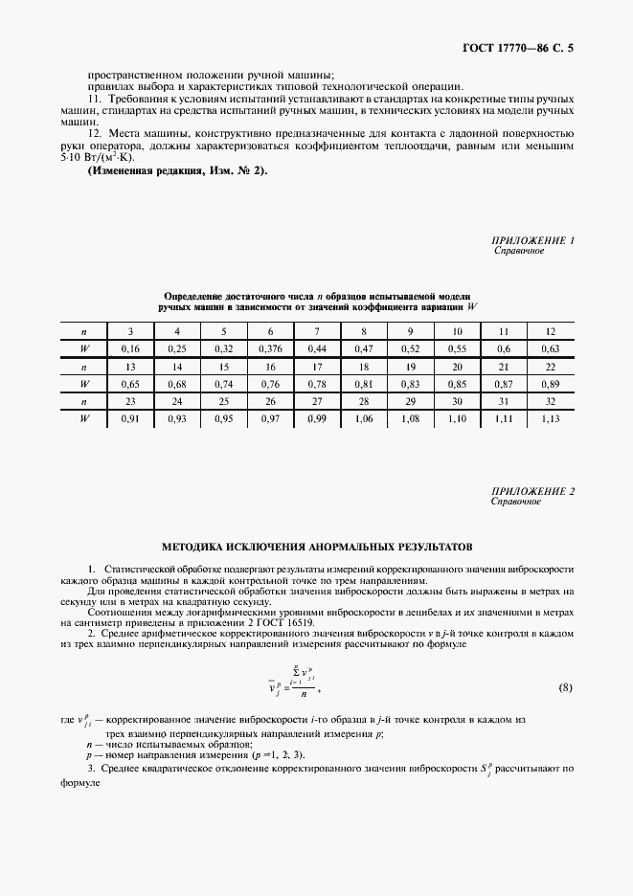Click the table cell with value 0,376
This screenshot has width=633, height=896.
[x=265, y=349]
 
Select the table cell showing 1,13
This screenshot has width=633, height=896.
[x=549, y=418]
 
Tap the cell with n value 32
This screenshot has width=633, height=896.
[x=549, y=401]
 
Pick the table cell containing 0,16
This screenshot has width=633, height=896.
[x=131, y=349]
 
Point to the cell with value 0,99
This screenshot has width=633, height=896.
[x=317, y=418]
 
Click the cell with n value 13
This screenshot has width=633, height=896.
[x=131, y=367]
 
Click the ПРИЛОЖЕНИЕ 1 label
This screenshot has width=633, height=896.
[x=531, y=241]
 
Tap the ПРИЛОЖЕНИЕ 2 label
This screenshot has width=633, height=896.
[x=531, y=491]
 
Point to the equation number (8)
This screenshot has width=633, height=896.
[x=565, y=687]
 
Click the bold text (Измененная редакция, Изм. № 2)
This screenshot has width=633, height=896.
[x=178, y=170]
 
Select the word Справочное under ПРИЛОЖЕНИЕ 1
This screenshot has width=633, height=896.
[x=518, y=252]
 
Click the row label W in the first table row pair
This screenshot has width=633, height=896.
[x=85, y=349]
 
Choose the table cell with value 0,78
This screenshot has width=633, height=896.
[x=317, y=384]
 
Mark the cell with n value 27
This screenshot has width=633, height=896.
[x=317, y=401]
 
